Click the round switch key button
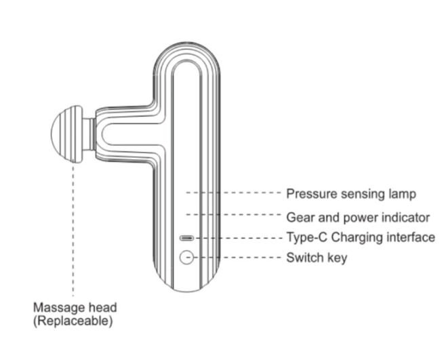(187, 258)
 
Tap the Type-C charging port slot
(187, 238)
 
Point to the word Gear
(299, 218)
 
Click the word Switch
(303, 258)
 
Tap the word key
(336, 258)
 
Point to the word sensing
(359, 194)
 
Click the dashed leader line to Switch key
(237, 258)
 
